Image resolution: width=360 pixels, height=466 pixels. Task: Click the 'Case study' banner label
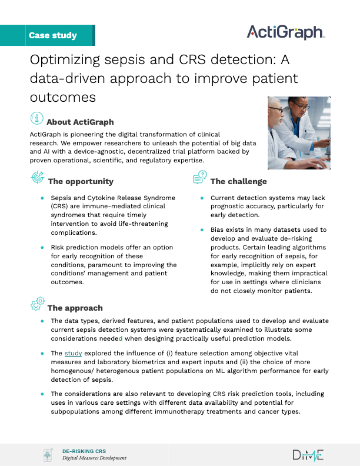[x=52, y=35]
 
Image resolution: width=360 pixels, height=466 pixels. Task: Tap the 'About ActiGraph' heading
[x=79, y=122]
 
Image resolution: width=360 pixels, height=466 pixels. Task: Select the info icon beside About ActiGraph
[x=38, y=118]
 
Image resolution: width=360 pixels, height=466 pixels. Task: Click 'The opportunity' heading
[x=81, y=181]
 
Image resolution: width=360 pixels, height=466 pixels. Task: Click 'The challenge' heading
[x=238, y=181]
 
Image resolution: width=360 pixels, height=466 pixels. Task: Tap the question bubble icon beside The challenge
[x=200, y=177]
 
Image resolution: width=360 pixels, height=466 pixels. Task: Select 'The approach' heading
[x=75, y=308]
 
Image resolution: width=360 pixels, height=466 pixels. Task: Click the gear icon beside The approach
[x=37, y=304]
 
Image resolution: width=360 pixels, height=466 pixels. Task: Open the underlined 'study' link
[x=73, y=353]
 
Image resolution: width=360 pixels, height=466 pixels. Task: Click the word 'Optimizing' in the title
[x=61, y=61]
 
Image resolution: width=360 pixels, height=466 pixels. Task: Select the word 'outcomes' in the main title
[x=63, y=96]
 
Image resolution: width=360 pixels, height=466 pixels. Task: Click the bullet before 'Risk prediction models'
[x=42, y=248]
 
